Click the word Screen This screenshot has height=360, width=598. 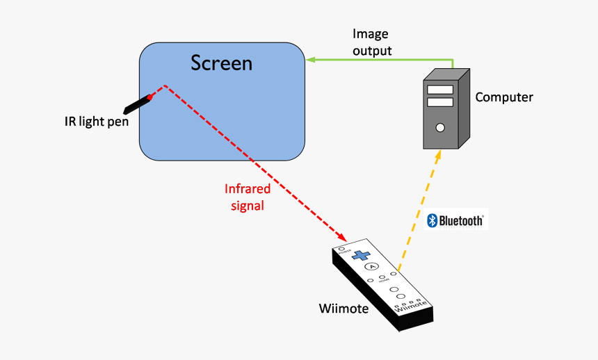pos(221,63)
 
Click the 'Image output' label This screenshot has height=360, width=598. pos(371,42)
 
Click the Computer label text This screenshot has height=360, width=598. pos(503,97)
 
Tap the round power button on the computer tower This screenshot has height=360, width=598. pos(439,127)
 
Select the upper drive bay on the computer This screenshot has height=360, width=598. pos(439,89)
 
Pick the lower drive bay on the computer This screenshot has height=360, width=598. pos(439,102)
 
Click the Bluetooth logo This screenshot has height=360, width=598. pos(455,220)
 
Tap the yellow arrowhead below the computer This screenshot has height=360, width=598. pos(437,154)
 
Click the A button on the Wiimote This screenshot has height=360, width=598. pos(373,266)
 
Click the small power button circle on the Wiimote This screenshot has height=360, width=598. pos(342,248)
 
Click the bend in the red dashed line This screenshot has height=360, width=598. pos(164,85)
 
